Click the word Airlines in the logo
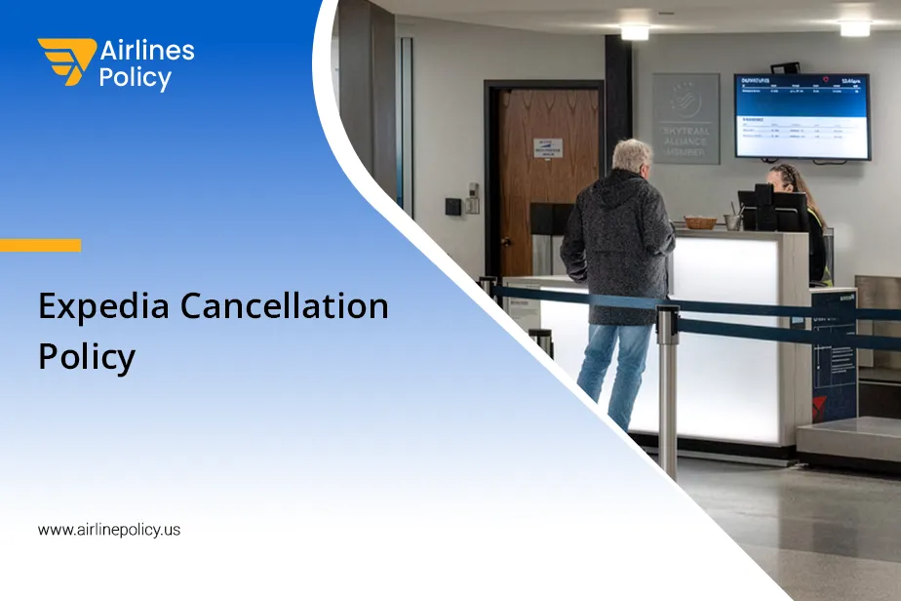(147, 51)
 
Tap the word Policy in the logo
(135, 79)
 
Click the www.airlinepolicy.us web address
(109, 530)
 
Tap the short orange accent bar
(40, 245)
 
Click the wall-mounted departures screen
(802, 116)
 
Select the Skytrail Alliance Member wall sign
(686, 117)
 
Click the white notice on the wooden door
(548, 148)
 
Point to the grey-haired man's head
(633, 155)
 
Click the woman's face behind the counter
(779, 180)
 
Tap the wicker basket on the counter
(699, 222)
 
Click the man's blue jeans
(614, 371)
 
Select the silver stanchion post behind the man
(668, 390)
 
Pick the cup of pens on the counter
(732, 220)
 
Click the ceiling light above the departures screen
(854, 28)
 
